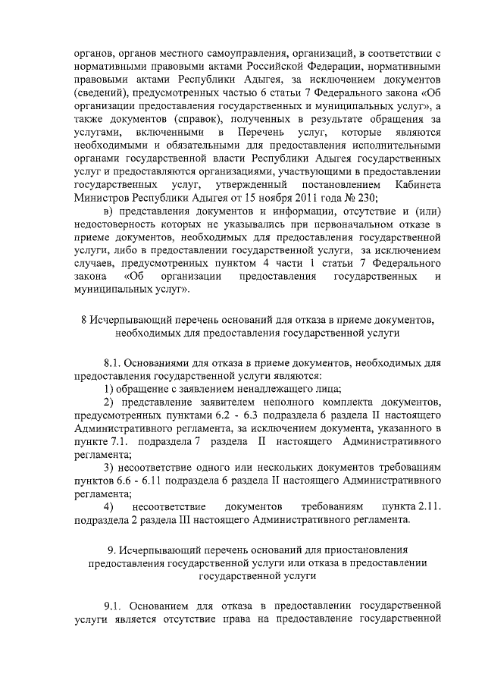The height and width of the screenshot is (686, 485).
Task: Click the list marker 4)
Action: click(x=109, y=506)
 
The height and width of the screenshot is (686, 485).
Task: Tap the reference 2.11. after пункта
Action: click(x=425, y=506)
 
